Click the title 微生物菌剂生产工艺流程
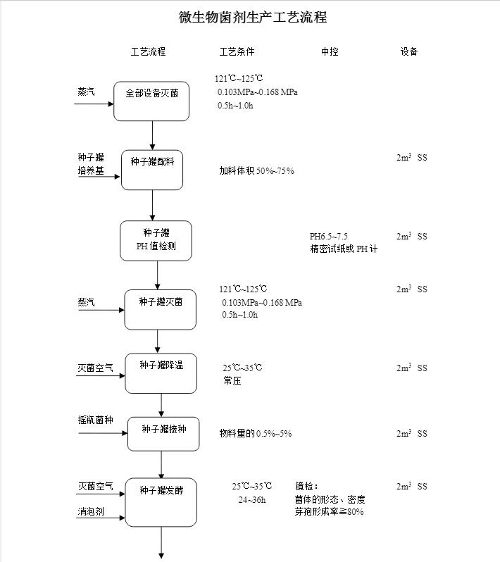(253, 18)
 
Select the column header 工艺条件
(237, 52)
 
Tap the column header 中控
(330, 52)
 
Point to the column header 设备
(409, 52)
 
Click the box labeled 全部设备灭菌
(152, 101)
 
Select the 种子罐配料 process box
(152, 170)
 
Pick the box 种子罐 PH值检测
(156, 241)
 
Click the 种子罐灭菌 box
(161, 309)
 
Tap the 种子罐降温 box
(161, 373)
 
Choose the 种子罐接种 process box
(163, 434)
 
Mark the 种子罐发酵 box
(161, 502)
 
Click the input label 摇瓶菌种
(95, 420)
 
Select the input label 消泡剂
(91, 512)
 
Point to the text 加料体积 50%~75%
(256, 171)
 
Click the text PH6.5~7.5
(329, 237)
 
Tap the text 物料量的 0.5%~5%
(255, 434)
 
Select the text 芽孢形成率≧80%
(330, 512)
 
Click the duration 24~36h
(252, 500)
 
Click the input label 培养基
(91, 170)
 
